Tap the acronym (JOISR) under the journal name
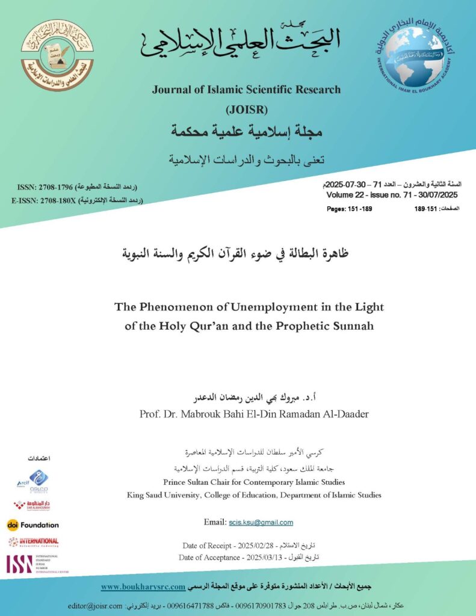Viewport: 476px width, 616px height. (x=246, y=109)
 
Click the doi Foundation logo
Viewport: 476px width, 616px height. (x=33, y=525)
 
